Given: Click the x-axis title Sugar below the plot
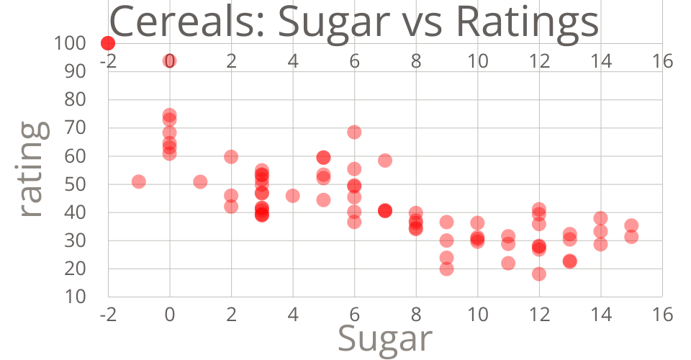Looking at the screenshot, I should coord(385,337).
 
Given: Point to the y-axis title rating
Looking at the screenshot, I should coord(32,170).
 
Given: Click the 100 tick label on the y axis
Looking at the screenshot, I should coord(69,43).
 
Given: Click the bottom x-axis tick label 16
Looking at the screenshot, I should coord(662,315).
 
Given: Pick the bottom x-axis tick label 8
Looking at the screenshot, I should coord(416,315).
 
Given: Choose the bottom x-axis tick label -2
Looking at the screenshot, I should coord(108,315).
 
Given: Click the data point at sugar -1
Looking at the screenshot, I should coord(139,181).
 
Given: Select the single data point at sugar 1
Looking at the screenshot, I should coord(200,181).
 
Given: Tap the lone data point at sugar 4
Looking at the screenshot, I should coord(293,195).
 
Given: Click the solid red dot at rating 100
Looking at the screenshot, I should coord(108,43).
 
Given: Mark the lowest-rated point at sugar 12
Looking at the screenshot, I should coord(539,274).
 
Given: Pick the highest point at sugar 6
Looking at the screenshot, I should coord(354,132).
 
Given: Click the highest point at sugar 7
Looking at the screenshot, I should coord(385,160).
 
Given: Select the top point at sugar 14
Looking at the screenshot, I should coord(600,218).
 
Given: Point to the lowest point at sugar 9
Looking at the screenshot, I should coord(446,269).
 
